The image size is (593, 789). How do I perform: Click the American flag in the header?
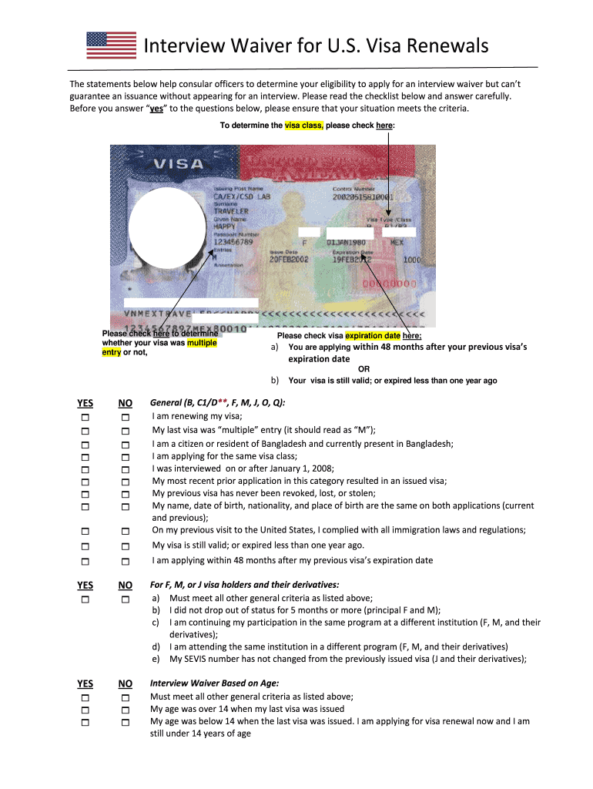[x=111, y=45]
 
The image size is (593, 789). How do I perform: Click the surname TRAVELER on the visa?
[x=231, y=210]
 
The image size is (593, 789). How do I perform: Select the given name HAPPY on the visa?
[x=224, y=227]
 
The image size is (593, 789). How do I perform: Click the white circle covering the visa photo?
[x=167, y=227]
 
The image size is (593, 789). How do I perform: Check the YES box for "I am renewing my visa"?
[x=85, y=418]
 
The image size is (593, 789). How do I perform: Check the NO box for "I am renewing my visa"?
[x=125, y=418]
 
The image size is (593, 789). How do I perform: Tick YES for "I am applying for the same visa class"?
[x=85, y=456]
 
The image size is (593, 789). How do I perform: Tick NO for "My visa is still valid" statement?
[x=125, y=546]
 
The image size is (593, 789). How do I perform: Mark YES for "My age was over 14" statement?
[x=85, y=709]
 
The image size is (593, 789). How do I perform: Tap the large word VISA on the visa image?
[x=179, y=164]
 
